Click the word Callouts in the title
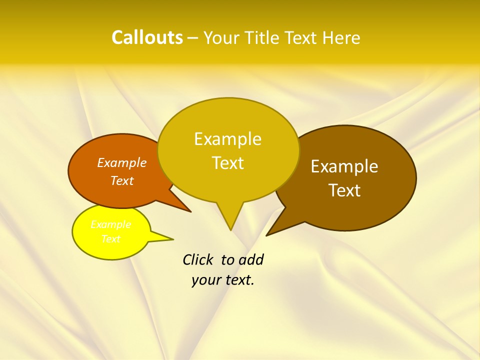click(147, 38)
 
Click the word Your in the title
click(221, 38)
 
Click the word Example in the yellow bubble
click(111, 224)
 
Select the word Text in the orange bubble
click(122, 180)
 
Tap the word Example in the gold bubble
click(227, 139)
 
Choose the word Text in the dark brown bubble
click(344, 190)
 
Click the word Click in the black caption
click(198, 259)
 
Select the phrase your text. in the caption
click(223, 280)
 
